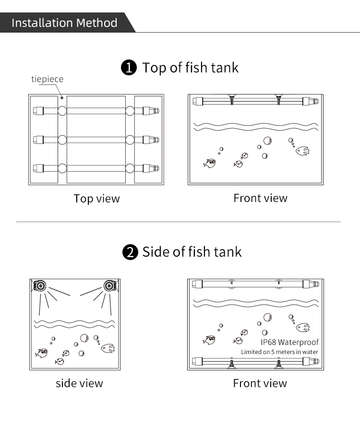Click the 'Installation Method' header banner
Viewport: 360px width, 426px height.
[x=64, y=23]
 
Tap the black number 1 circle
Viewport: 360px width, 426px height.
[x=129, y=68]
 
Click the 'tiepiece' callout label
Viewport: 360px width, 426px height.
[x=47, y=79]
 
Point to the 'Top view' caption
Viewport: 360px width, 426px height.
[x=96, y=198]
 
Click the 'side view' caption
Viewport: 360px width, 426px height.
[x=79, y=383]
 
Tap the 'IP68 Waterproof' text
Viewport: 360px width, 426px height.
[x=289, y=342]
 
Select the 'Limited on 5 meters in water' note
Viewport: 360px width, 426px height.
[x=279, y=352]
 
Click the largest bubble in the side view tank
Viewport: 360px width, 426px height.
[x=84, y=338]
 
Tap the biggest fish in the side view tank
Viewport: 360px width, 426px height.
[x=108, y=348]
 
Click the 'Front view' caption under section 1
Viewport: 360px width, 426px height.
[x=260, y=198]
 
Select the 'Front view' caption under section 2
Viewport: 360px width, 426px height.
[x=260, y=383]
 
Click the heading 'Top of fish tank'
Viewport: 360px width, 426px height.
[x=190, y=68]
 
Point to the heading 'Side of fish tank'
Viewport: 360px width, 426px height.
[x=192, y=252]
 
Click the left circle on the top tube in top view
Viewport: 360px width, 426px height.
[x=62, y=111]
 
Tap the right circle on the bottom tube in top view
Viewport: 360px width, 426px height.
[x=130, y=168]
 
